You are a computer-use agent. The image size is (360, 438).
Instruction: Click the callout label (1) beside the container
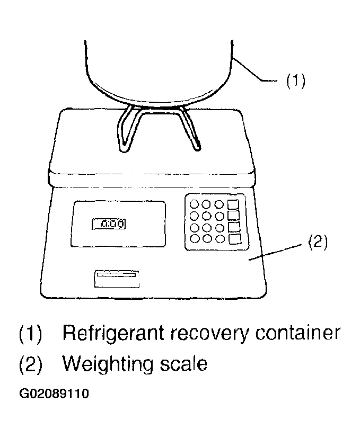pyautogui.click(x=295, y=81)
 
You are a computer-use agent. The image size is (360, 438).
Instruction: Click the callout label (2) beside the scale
pyautogui.click(x=318, y=242)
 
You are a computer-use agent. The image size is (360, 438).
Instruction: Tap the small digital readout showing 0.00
pyautogui.click(x=109, y=224)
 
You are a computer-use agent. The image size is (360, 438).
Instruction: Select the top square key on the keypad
pyautogui.click(x=233, y=204)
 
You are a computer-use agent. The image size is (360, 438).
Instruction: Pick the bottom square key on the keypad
pyautogui.click(x=235, y=239)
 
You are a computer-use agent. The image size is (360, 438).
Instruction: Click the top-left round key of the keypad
pyautogui.click(x=194, y=204)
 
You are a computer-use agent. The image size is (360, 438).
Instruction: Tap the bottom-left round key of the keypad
pyautogui.click(x=195, y=238)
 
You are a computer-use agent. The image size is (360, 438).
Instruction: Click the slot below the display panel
pyautogui.click(x=116, y=279)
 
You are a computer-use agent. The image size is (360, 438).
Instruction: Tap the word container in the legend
pyautogui.click(x=298, y=333)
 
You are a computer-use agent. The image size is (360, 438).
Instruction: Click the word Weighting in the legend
pyautogui.click(x=108, y=365)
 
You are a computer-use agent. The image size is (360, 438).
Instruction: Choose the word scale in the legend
pyautogui.click(x=183, y=363)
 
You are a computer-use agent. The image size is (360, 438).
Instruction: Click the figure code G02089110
pyautogui.click(x=54, y=394)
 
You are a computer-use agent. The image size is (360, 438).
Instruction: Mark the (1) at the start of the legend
pyautogui.click(x=31, y=334)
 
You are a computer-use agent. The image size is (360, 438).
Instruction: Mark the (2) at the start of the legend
pyautogui.click(x=31, y=364)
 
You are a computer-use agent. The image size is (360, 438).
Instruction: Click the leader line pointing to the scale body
pyautogui.click(x=275, y=252)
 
